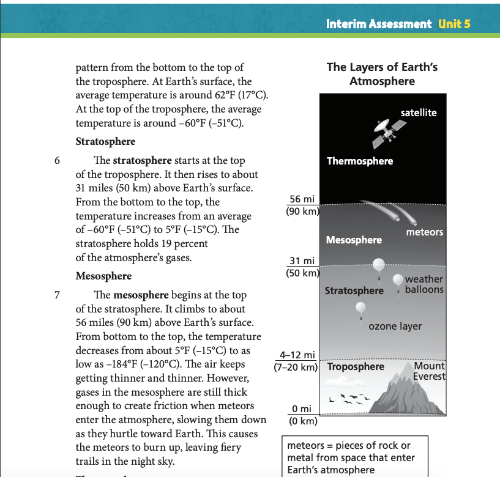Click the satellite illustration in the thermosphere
389,132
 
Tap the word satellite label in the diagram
419,113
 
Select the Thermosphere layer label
360,161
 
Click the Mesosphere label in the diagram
354,240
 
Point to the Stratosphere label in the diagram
354,290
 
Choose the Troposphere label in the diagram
356,367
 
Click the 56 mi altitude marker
301,199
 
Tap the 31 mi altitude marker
301,262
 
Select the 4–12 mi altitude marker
297,355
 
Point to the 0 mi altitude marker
302,409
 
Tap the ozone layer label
395,326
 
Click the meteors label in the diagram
424,232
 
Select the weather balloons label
424,284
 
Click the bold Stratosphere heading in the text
105,142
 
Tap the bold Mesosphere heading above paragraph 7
103,276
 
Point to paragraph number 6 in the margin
57,161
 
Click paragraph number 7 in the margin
57,296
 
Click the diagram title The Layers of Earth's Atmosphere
382,74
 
